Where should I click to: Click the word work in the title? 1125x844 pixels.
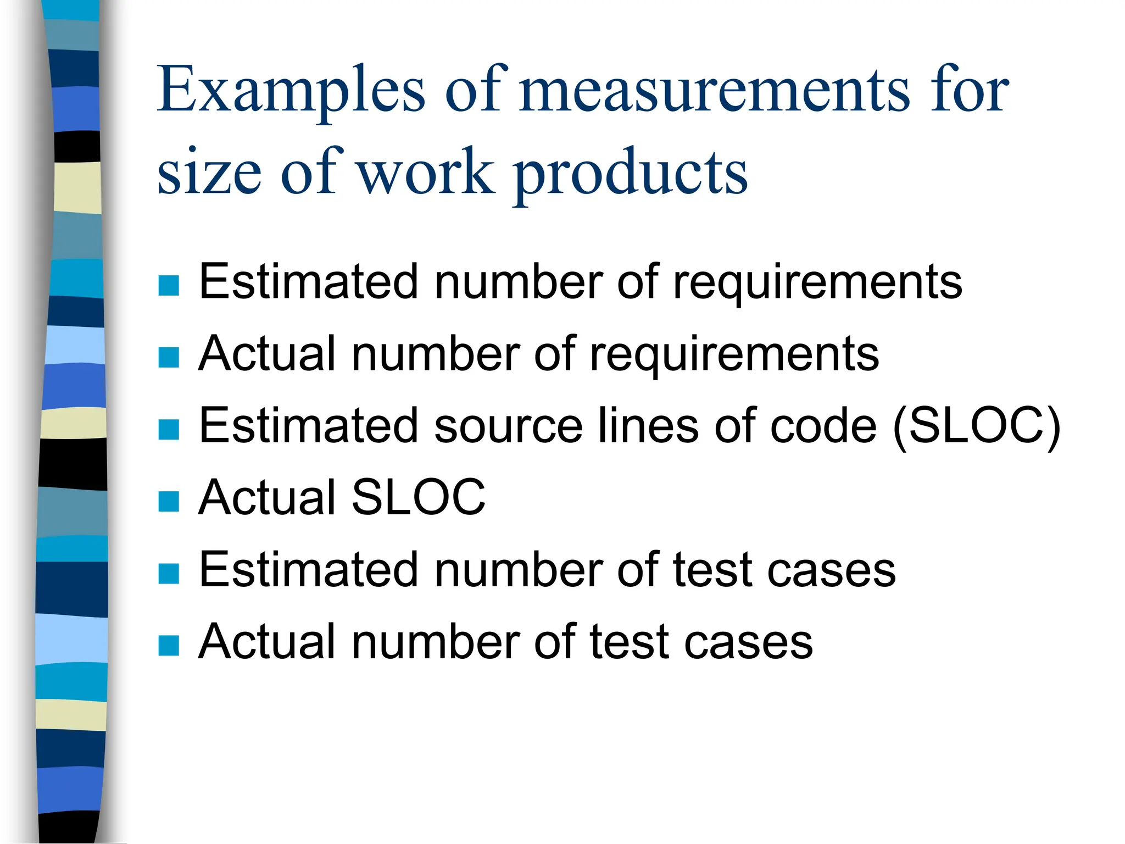coord(426,173)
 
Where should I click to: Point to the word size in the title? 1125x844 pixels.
coord(209,173)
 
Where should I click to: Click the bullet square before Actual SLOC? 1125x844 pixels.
coord(169,501)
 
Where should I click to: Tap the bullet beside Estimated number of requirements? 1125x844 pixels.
coord(169,285)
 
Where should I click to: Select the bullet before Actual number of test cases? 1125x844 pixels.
coord(169,645)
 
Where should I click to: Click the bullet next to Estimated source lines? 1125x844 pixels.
coord(169,429)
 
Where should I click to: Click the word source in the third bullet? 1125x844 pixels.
coord(508,427)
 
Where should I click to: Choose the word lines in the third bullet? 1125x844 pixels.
coord(648,426)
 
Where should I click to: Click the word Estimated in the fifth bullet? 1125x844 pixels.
coord(309,570)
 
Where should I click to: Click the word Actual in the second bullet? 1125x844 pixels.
coord(267,354)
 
